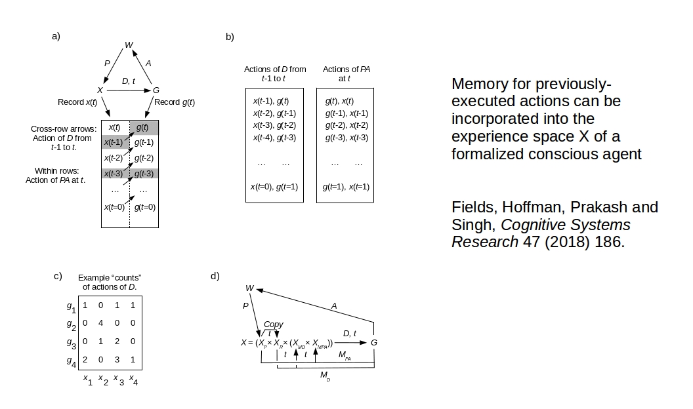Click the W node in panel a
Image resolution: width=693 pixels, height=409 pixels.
(x=129, y=45)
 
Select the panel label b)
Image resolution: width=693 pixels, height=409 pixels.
(x=230, y=37)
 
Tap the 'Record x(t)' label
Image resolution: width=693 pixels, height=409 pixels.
(x=77, y=102)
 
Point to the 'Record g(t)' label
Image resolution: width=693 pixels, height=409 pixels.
(x=175, y=102)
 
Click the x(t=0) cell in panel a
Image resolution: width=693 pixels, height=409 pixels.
(x=115, y=207)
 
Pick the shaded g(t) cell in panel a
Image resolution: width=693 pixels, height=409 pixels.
(x=143, y=127)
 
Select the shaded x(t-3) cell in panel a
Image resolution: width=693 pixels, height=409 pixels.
(x=114, y=174)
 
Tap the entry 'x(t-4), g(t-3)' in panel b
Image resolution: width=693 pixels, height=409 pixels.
(x=274, y=138)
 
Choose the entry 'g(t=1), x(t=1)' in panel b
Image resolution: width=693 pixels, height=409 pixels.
(x=347, y=187)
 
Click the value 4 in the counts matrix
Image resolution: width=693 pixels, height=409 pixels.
(x=100, y=322)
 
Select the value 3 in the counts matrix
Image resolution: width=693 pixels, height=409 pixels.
(x=116, y=359)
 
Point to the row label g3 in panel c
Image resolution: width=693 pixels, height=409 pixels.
(x=71, y=342)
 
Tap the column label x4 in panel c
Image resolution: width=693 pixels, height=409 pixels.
(x=133, y=380)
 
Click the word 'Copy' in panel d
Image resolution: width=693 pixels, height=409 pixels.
(x=274, y=324)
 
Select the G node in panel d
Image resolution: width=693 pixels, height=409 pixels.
(x=374, y=342)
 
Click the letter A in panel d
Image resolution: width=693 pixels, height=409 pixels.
(x=334, y=305)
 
